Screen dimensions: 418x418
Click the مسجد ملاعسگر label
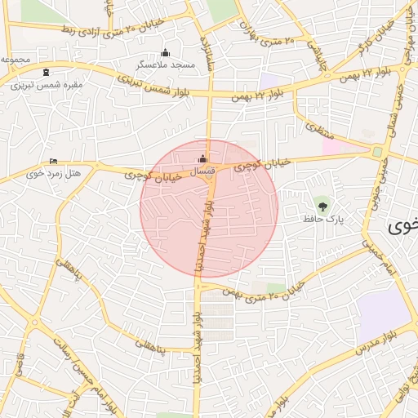pos(166,64)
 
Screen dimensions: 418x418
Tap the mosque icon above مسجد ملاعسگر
pos(166,52)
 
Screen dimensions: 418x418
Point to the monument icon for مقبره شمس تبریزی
pos(44,72)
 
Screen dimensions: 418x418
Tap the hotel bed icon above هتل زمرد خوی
pos(54,161)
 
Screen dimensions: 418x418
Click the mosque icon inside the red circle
pos(203,158)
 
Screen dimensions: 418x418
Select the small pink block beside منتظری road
pos(331,145)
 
